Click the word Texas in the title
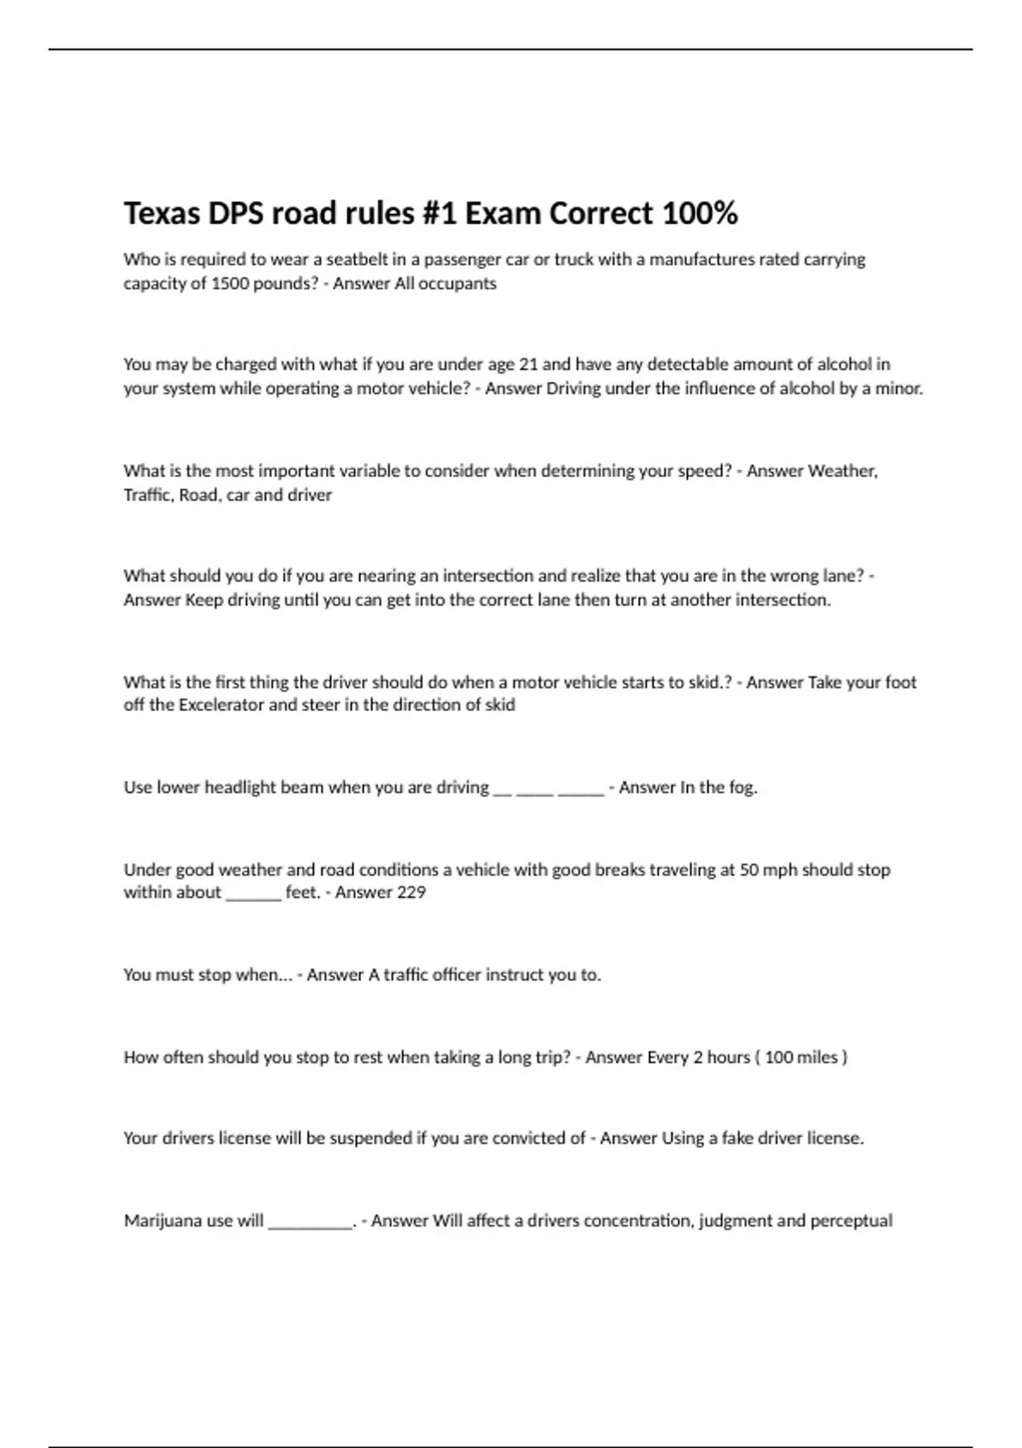tap(160, 213)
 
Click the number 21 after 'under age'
tap(528, 365)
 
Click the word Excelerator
tap(221, 705)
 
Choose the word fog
tap(743, 787)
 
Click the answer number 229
tap(411, 892)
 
